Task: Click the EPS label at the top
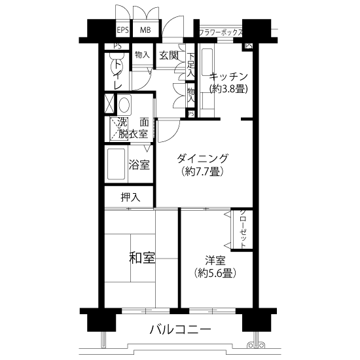[x=123, y=30]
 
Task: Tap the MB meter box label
[x=145, y=30]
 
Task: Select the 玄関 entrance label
[x=169, y=56]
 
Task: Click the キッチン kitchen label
[x=228, y=77]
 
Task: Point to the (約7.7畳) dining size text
[x=202, y=171]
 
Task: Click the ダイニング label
[x=202, y=158]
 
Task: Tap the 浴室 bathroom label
[x=139, y=164]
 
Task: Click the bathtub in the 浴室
[x=117, y=164]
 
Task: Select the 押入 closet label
[x=130, y=197]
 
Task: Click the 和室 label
[x=142, y=258]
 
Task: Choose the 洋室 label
[x=215, y=261]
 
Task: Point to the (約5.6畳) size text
[x=215, y=273]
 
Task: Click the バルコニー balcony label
[x=180, y=330]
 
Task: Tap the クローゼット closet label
[x=243, y=229]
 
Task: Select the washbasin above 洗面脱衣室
[x=124, y=105]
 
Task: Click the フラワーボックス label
[x=221, y=32]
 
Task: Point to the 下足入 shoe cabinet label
[x=190, y=65]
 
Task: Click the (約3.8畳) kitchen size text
[x=228, y=88]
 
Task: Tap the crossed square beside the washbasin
[x=109, y=103]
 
